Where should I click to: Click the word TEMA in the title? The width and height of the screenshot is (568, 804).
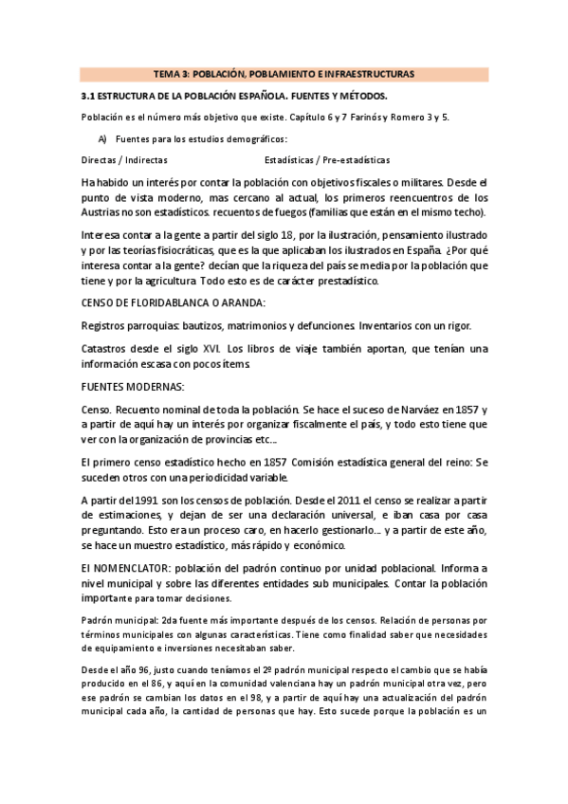tap(167, 74)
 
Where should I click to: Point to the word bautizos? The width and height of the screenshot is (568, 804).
tap(186, 326)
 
